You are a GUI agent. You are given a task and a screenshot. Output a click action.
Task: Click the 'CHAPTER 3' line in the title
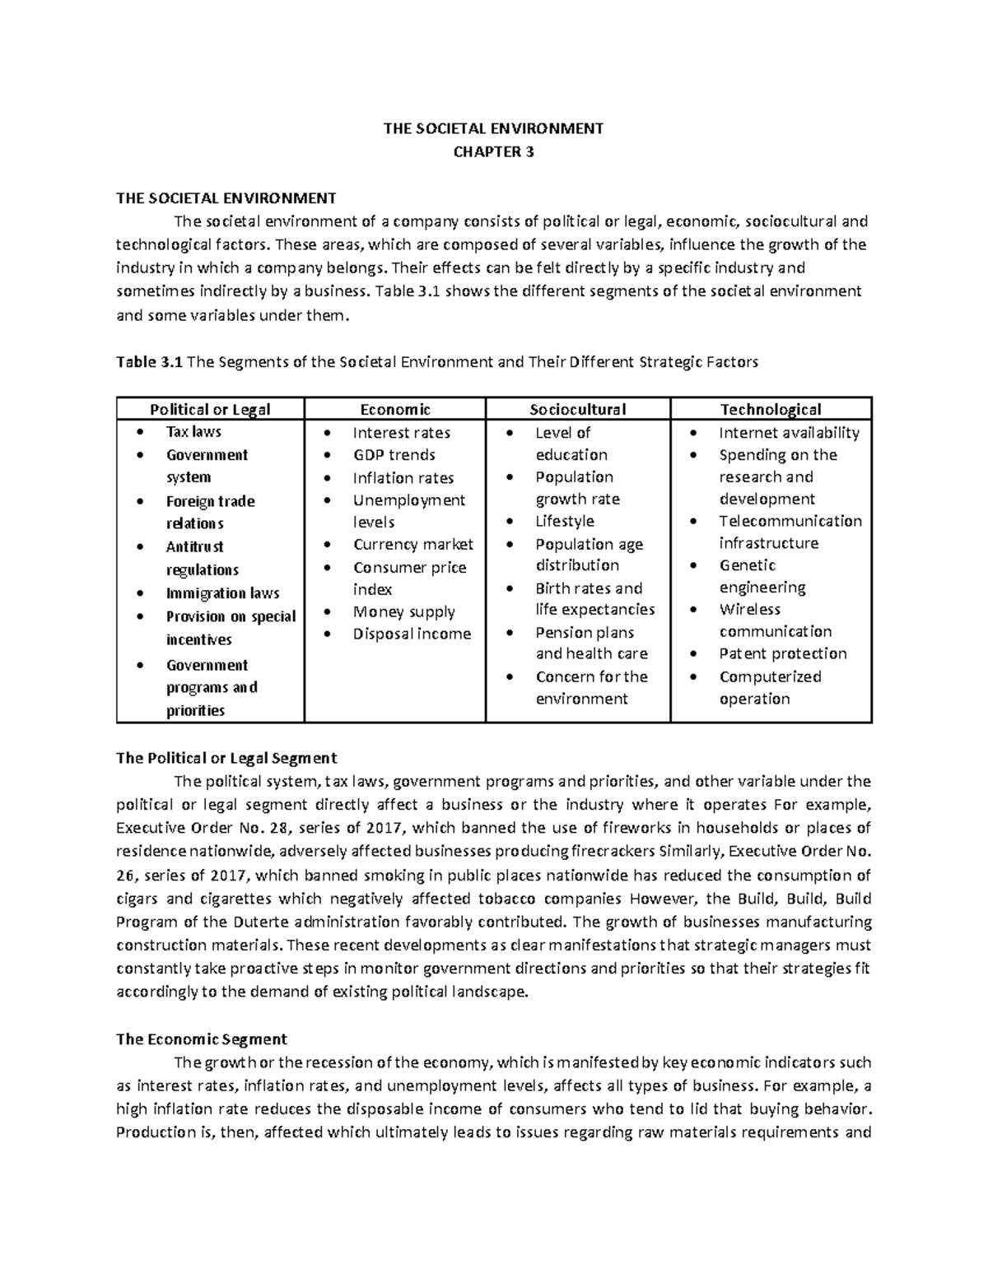click(x=493, y=151)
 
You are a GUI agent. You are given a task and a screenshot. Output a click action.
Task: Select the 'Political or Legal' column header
click(x=209, y=409)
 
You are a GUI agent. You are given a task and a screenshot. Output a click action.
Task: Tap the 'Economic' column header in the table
click(x=394, y=409)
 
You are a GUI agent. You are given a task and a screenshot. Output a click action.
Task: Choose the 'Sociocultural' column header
click(x=577, y=409)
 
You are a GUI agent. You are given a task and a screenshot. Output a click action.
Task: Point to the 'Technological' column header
click(x=771, y=409)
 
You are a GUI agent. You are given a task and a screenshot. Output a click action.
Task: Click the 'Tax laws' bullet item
click(x=193, y=431)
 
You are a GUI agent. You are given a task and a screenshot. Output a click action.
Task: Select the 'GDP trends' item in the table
click(x=394, y=454)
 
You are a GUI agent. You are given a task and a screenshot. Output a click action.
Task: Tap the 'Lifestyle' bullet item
click(x=564, y=521)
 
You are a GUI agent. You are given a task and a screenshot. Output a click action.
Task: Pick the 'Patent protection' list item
click(x=782, y=653)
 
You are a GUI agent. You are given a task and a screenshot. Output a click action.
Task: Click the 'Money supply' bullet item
click(x=403, y=611)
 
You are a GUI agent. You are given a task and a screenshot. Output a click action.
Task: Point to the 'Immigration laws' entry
click(x=222, y=593)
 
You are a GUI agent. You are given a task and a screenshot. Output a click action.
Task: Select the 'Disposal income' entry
click(x=412, y=634)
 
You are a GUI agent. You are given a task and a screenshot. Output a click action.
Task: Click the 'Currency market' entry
click(x=412, y=544)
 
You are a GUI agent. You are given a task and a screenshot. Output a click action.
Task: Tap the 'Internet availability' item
click(x=789, y=433)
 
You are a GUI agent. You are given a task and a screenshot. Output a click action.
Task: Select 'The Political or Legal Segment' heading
click(x=226, y=758)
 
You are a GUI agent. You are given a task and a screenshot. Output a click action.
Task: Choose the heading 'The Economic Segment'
click(x=202, y=1039)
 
